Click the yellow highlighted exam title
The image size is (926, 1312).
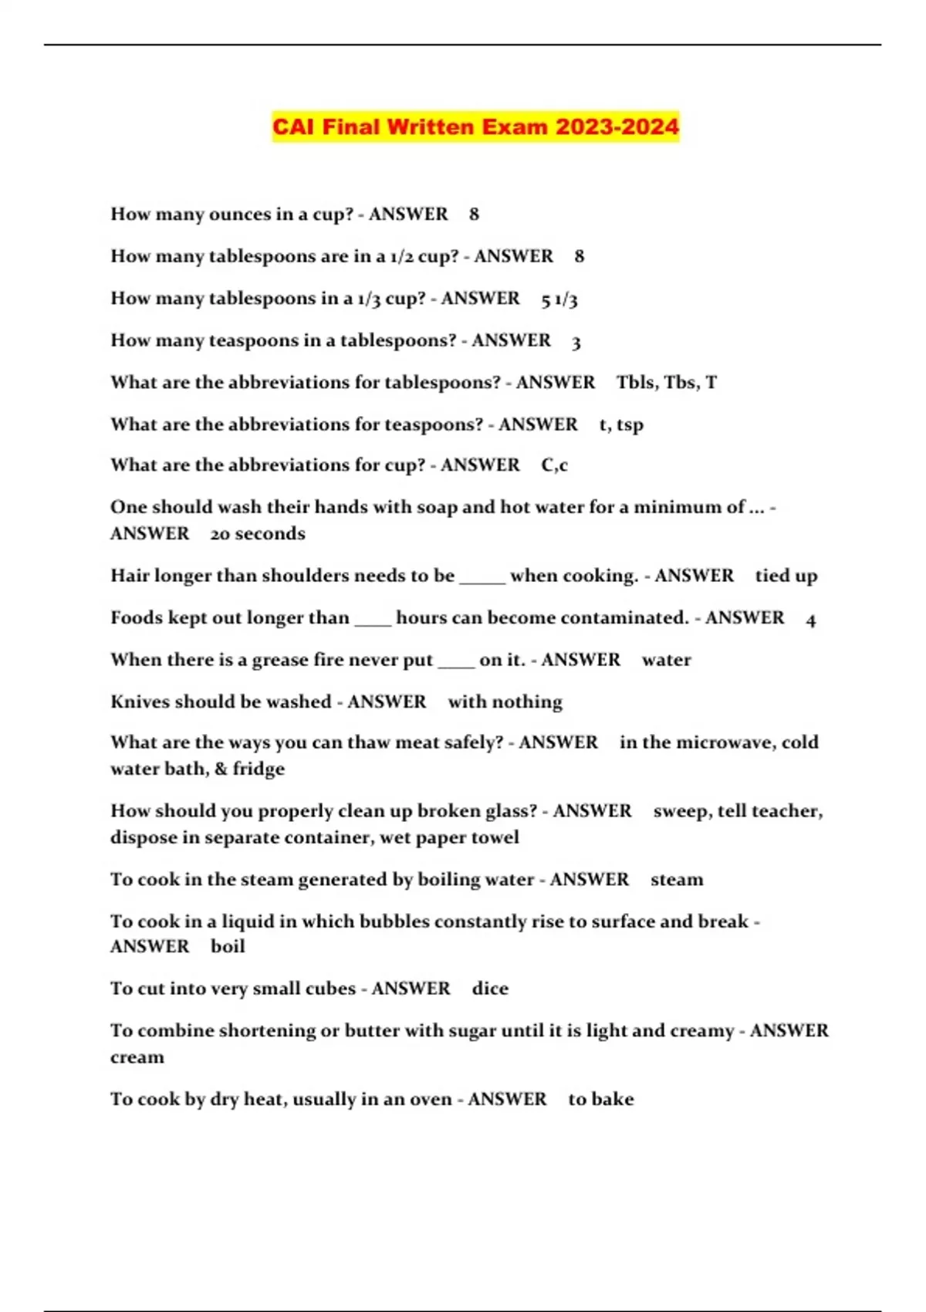(475, 127)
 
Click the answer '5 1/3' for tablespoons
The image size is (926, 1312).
(559, 299)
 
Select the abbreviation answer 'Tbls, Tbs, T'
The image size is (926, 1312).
(667, 383)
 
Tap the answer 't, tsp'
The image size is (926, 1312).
(621, 425)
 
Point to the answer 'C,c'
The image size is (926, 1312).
(554, 465)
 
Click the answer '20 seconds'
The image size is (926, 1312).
(258, 534)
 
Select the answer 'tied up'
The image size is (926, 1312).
(786, 577)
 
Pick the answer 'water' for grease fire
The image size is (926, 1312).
(666, 661)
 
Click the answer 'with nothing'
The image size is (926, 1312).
(505, 702)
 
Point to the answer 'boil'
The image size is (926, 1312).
(228, 947)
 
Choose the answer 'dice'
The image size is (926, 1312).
(490, 989)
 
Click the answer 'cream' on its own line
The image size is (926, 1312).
(137, 1058)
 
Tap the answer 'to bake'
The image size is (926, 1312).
(600, 1100)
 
